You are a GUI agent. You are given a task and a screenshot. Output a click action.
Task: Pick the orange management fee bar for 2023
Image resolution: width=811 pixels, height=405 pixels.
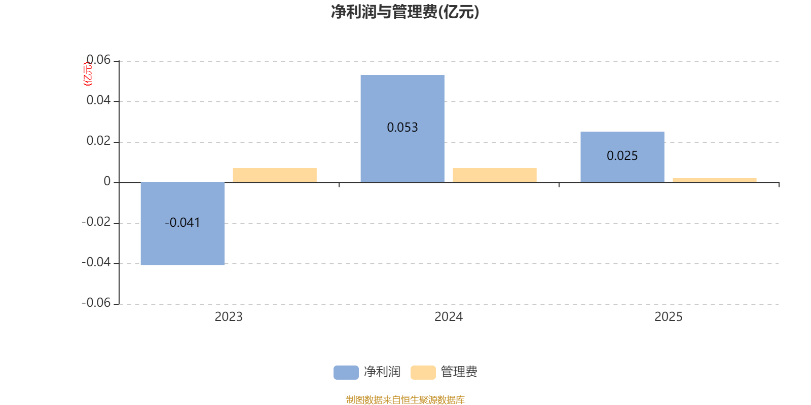coord(275,175)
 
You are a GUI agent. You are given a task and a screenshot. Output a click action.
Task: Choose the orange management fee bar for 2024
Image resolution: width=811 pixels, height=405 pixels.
coord(495,175)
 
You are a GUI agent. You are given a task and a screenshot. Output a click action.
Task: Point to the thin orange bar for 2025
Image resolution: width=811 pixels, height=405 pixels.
coord(715,180)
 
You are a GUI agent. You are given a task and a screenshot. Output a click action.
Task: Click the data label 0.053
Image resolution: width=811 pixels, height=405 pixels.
coord(402,128)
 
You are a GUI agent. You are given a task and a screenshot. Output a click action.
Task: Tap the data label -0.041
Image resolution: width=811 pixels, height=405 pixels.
coord(182,223)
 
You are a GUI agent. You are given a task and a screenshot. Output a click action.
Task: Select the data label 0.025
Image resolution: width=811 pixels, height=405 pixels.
coord(622,156)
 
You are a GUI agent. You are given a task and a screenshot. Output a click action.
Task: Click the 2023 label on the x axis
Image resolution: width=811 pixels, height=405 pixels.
coord(229,317)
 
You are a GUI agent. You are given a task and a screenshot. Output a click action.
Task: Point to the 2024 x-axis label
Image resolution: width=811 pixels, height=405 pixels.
coord(449,317)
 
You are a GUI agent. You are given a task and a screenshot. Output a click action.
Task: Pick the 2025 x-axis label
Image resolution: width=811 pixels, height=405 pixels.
coord(669,317)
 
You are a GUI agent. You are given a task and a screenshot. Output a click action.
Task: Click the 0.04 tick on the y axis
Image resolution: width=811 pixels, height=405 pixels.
coord(98,101)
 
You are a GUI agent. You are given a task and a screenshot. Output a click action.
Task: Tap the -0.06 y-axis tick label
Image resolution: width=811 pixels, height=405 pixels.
coord(96,303)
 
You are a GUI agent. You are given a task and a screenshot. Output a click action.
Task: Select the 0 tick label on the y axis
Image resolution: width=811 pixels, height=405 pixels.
coord(107,182)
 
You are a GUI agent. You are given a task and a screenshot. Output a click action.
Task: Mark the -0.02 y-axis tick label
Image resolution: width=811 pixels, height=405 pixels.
coord(96,222)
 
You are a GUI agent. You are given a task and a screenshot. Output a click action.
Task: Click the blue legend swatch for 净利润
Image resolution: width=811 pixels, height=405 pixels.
coord(346,373)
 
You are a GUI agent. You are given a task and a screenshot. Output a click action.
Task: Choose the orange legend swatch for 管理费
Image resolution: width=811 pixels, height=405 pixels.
coord(423,373)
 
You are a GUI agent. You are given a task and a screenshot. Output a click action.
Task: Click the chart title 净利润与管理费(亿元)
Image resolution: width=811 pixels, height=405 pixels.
coord(405,12)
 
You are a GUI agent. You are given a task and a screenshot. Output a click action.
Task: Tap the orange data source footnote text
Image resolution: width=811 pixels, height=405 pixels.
coord(405,400)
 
